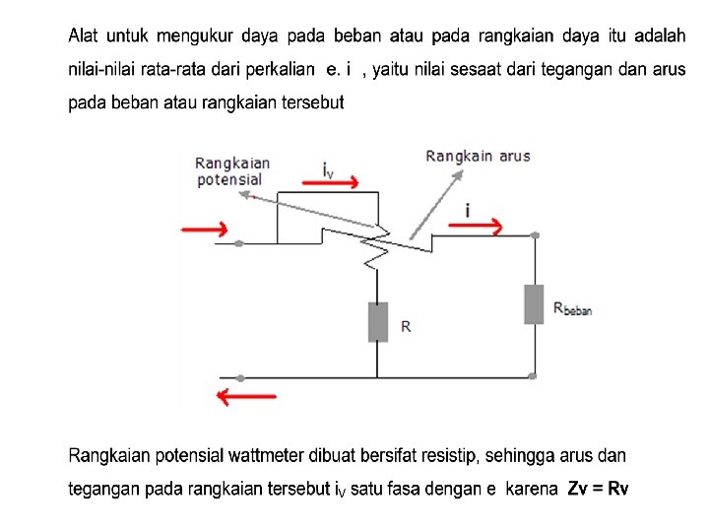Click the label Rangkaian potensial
point(232,170)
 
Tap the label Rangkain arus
point(478,156)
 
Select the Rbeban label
point(572,309)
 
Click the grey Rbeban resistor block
point(534,303)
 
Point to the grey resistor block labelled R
point(377,322)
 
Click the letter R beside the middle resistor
point(406,326)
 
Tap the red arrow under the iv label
point(340,183)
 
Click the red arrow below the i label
point(476,228)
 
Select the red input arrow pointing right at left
point(205,230)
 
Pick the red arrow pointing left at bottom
point(246,397)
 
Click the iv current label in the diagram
point(328,167)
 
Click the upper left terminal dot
point(239,242)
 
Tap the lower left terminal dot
point(239,376)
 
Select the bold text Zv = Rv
point(599,489)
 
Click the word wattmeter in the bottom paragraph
point(269,456)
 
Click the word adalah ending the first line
point(660,36)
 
